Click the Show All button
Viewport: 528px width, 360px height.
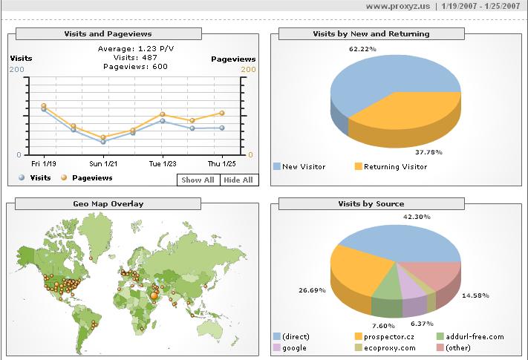(198, 180)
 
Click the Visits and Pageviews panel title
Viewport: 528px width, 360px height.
(108, 33)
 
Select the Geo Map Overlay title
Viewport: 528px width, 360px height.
(108, 203)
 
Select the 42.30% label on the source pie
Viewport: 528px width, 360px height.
(415, 216)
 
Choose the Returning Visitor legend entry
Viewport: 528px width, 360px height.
(395, 167)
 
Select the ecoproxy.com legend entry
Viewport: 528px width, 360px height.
(390, 347)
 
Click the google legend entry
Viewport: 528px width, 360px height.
(293, 347)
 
